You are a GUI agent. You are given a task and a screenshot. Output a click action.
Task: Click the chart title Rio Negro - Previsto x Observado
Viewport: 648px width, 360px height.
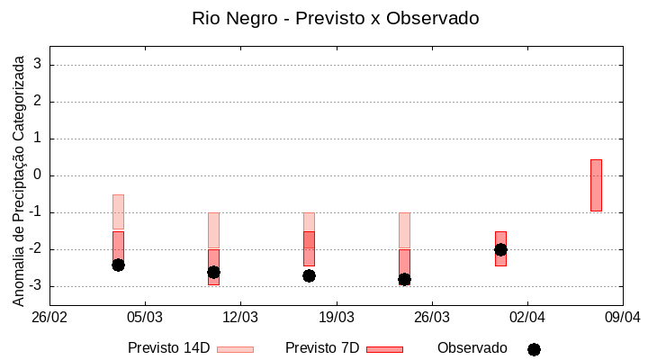point(335,18)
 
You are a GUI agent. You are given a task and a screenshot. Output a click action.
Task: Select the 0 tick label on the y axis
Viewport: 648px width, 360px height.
point(38,175)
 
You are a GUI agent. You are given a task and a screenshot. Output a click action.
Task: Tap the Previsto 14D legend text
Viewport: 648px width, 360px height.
point(169,348)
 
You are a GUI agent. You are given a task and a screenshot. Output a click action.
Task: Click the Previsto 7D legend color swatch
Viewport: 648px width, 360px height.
point(384,349)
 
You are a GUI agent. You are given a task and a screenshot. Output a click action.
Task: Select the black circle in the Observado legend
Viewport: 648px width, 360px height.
point(534,349)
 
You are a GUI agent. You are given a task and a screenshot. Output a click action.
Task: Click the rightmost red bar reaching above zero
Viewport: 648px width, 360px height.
point(596,184)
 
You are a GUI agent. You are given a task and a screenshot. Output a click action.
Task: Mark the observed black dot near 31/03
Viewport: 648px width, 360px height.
point(500,249)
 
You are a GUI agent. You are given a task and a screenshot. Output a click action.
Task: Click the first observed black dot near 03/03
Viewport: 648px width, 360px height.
point(118,265)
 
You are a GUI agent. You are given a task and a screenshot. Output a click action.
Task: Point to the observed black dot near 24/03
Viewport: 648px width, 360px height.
point(404,279)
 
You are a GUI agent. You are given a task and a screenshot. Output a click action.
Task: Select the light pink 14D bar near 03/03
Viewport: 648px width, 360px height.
point(118,211)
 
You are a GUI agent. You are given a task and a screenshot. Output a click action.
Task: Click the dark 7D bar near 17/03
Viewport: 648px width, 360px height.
point(309,248)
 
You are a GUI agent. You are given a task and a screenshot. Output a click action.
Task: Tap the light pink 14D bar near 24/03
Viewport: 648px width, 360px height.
point(404,229)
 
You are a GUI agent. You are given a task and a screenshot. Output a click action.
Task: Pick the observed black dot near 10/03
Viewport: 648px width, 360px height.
point(213,272)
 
